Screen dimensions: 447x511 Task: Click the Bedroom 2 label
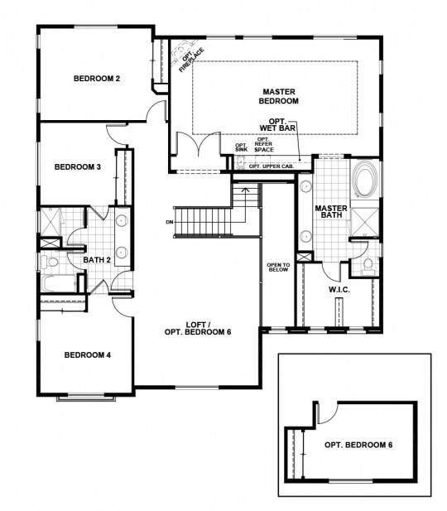point(97,79)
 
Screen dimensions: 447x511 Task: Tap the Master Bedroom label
point(279,96)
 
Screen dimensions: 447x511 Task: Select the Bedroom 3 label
point(78,167)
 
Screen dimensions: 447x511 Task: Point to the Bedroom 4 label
point(87,355)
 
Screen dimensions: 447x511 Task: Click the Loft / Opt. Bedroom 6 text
point(198,329)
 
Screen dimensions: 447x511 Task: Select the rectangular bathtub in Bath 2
point(59,284)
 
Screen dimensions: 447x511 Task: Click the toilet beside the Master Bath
point(368,264)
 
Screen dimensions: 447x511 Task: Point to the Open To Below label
point(278,268)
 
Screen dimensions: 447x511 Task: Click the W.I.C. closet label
point(339,290)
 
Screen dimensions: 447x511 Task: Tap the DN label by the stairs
point(170,222)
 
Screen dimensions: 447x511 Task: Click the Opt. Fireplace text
point(191,59)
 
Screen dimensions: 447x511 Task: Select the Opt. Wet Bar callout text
point(277,125)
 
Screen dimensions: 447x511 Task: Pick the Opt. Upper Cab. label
point(272,166)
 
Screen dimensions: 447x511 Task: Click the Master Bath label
point(331,211)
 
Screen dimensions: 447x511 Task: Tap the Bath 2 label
point(97,260)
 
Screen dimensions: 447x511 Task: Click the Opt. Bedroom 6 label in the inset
point(358,445)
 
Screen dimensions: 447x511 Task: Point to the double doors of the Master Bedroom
point(198,144)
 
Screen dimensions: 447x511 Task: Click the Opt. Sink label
point(242,147)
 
